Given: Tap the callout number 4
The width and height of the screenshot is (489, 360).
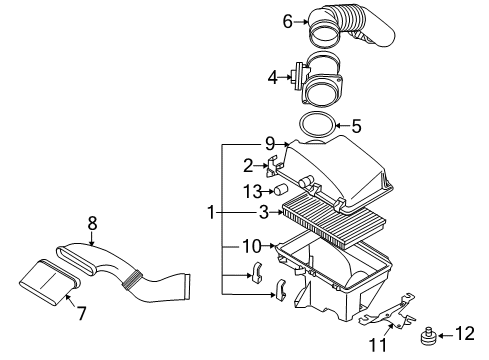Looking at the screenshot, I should pyautogui.click(x=272, y=74).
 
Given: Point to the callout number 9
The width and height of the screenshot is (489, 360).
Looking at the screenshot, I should pyautogui.click(x=269, y=144).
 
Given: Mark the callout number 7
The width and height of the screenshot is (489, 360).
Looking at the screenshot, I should pyautogui.click(x=82, y=313).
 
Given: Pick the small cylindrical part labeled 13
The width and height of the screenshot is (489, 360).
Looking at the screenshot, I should pyautogui.click(x=282, y=190).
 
